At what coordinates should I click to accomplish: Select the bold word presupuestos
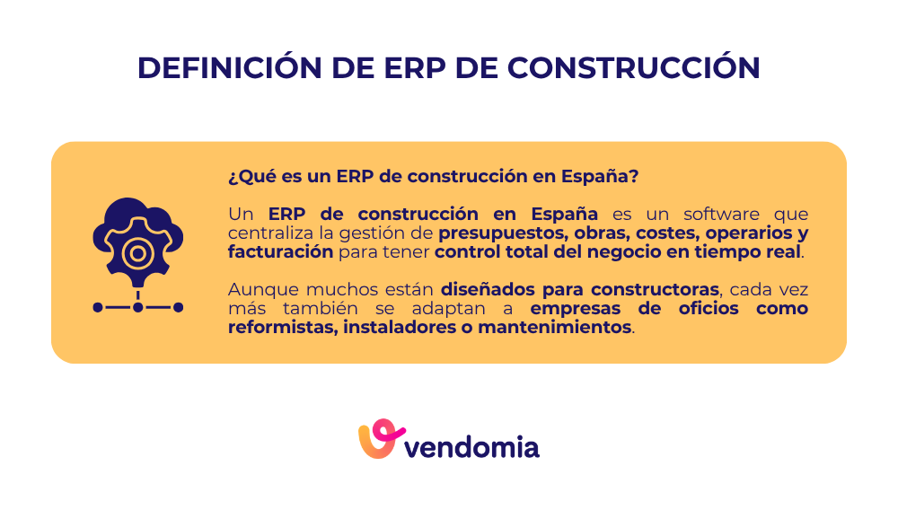497,233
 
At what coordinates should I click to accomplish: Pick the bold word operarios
735,233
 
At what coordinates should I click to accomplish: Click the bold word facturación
280,252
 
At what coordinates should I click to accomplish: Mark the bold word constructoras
660,290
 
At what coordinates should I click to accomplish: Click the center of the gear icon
137,254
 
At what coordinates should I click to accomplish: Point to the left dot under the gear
98,307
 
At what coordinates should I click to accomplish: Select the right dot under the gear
178,307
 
